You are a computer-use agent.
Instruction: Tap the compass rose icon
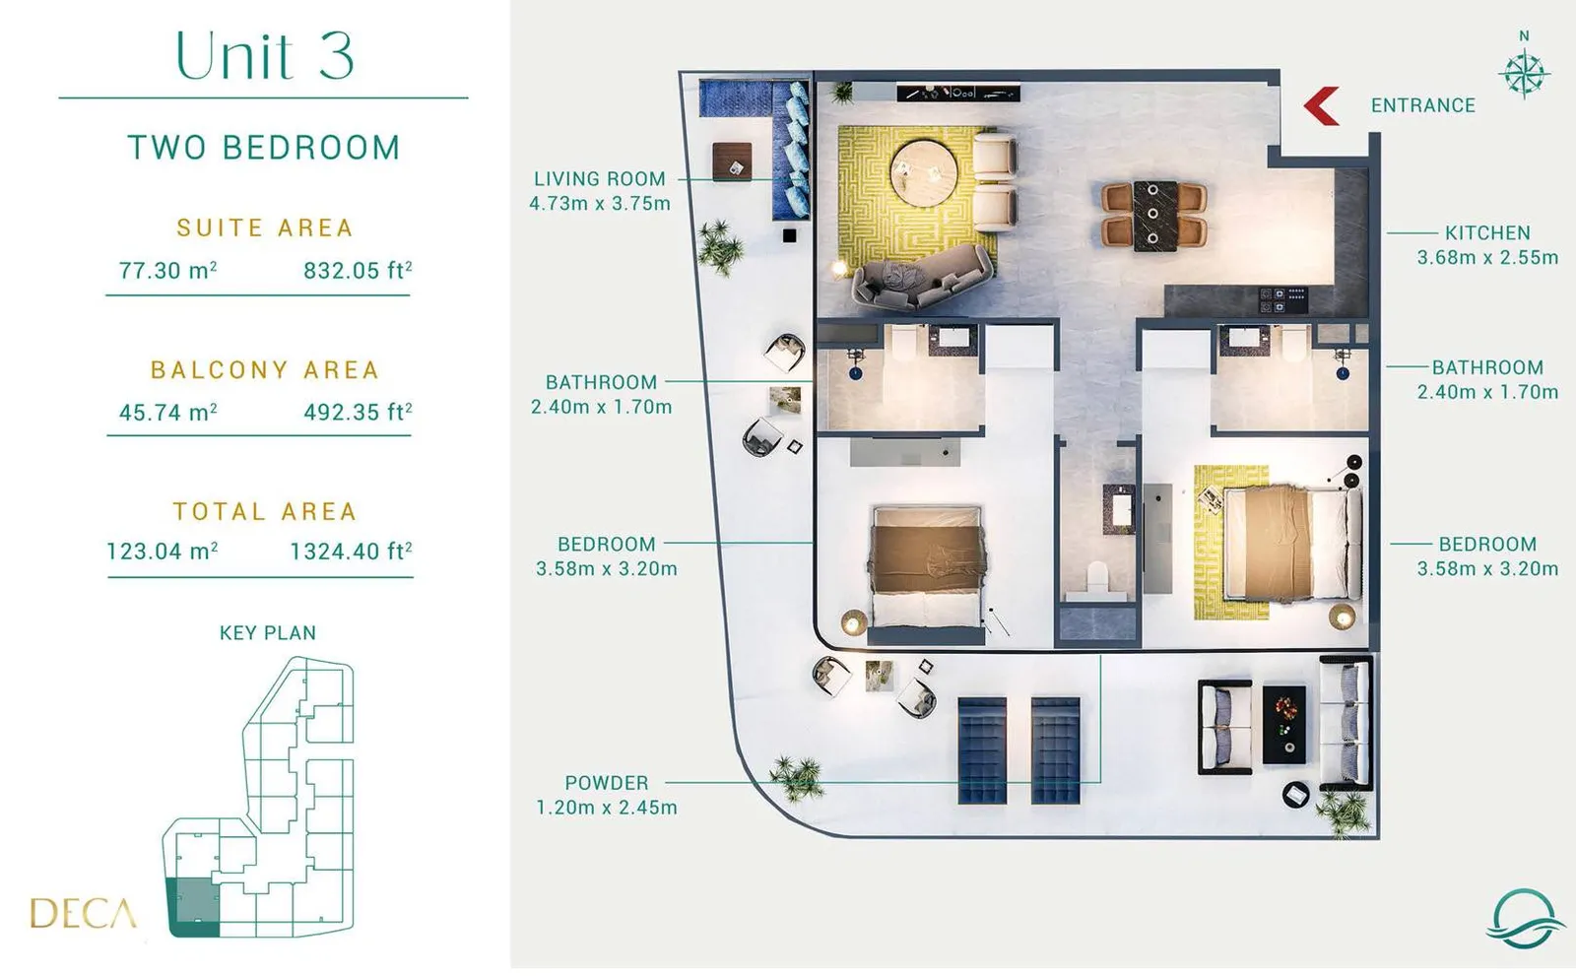[x=1524, y=73]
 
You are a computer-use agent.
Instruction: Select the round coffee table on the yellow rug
[x=924, y=171]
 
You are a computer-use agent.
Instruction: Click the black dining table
[x=1154, y=216]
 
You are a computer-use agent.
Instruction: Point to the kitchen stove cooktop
[x=1283, y=300]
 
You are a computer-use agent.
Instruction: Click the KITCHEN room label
[x=1487, y=232]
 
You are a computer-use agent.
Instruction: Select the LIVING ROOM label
[x=600, y=178]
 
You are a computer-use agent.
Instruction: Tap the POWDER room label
[x=607, y=783]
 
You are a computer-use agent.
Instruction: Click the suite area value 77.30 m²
[x=167, y=270]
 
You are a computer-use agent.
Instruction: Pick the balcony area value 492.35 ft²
[x=358, y=412]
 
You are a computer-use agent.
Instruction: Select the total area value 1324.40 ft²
[x=351, y=551]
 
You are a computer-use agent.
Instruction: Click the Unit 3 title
[x=265, y=55]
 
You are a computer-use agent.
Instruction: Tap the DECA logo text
[x=83, y=913]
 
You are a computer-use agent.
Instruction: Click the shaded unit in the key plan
[x=192, y=907]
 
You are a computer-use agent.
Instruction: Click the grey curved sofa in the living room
[x=922, y=279]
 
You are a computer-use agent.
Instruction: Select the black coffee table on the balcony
[x=1284, y=725]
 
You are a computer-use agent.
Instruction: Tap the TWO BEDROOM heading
[x=265, y=148]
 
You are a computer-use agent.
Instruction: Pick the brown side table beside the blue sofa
[x=732, y=162]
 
